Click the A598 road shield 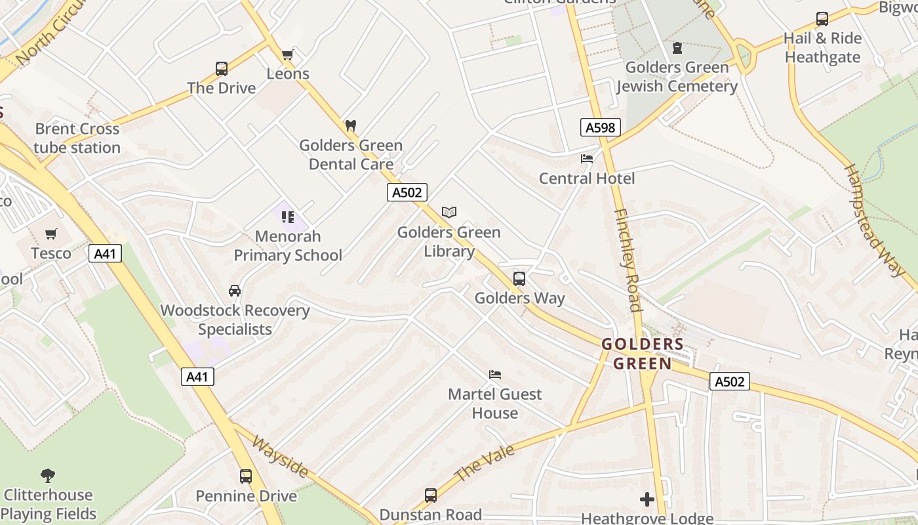click(600, 127)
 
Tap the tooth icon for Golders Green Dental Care click(351, 125)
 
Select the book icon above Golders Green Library click(449, 212)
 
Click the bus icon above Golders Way click(519, 278)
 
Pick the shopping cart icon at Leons click(287, 54)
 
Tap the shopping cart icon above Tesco click(51, 234)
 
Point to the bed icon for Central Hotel click(587, 159)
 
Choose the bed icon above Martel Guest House click(495, 375)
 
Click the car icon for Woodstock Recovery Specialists click(235, 291)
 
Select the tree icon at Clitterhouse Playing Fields click(47, 475)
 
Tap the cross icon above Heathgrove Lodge click(647, 499)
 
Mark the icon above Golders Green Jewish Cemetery click(677, 48)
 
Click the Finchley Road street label click(628, 260)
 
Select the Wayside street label click(280, 457)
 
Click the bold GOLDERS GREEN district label click(643, 354)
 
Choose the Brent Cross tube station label click(77, 138)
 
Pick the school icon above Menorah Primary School click(287, 217)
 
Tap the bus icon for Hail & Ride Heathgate click(822, 19)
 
